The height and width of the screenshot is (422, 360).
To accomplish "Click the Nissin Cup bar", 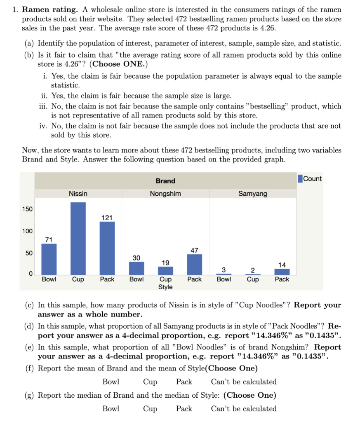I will pos(78,238).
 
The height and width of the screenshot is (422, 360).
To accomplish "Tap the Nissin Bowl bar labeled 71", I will pos(49,259).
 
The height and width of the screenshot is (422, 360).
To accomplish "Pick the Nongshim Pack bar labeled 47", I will pos(194,264).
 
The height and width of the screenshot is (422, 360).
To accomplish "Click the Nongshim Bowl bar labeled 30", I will pos(136,268).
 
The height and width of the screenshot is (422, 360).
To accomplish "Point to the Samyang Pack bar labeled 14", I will pos(282,272).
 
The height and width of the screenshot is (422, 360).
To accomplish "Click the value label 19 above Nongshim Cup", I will pos(165,263).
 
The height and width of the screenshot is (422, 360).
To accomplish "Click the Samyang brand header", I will pos(253,194).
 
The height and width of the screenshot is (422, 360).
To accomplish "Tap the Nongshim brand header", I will pos(165,194).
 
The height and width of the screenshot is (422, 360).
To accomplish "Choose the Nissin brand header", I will pos(78,194).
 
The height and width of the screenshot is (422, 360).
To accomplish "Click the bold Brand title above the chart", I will pos(165,181).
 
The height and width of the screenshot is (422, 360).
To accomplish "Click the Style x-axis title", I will pos(165,287).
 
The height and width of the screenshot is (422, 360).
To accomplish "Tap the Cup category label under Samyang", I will pos(253,279).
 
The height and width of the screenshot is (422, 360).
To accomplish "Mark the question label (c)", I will pos(30,305).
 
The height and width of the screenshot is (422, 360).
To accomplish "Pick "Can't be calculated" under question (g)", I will pos(244,409).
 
